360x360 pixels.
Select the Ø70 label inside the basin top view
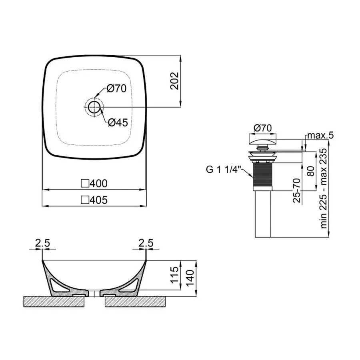point(116,89)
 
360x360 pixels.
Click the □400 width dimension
point(94,184)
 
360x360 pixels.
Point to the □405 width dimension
point(94,200)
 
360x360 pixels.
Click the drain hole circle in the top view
point(94,107)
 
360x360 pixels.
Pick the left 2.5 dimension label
point(42,243)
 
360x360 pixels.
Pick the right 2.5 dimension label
point(146,243)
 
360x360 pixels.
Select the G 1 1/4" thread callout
point(222,170)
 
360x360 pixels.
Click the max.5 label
point(320,136)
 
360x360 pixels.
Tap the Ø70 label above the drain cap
point(263,128)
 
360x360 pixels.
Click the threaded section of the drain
point(263,174)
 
